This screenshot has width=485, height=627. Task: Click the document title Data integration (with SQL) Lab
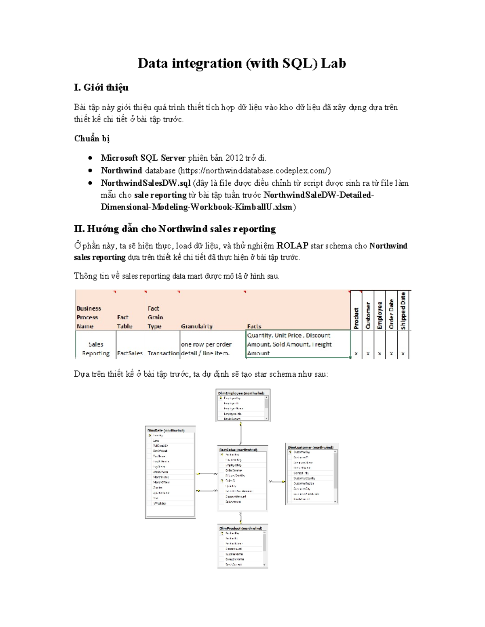point(242,63)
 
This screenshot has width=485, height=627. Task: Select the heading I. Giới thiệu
point(101,88)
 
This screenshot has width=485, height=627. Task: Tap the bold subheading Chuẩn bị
point(92,138)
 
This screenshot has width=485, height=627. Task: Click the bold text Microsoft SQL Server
point(143,158)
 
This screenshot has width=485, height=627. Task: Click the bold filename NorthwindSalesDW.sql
point(145,183)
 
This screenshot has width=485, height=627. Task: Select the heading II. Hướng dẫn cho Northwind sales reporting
point(175,229)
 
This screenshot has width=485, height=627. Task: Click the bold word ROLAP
point(292,245)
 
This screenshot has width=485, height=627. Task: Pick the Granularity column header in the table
point(196,326)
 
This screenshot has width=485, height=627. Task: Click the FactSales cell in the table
point(130,353)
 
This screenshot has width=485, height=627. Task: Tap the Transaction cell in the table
point(163,353)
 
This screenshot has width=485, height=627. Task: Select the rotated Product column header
point(356,318)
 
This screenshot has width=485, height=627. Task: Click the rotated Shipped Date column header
point(403,311)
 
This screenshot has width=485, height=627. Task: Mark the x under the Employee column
point(380,354)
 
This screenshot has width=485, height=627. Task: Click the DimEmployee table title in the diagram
point(241,393)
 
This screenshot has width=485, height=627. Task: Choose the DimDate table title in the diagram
point(166,430)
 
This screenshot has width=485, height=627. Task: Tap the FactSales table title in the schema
point(238,449)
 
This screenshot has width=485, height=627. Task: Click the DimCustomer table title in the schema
point(310,447)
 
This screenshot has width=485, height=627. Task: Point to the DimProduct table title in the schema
point(240,528)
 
